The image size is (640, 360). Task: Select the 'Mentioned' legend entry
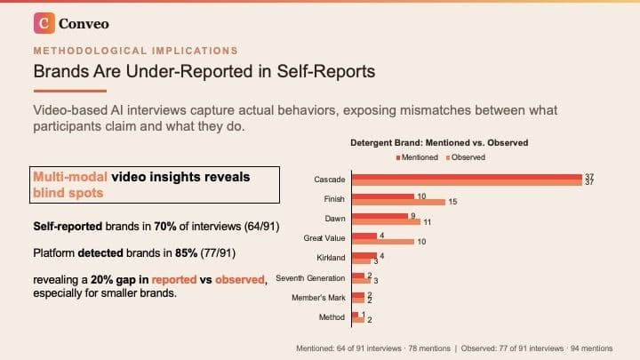(417, 157)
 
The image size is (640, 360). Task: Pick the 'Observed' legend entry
(468, 157)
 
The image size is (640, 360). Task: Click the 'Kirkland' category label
(331, 258)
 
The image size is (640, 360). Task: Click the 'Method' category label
(332, 316)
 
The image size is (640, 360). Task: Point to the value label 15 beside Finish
(452, 202)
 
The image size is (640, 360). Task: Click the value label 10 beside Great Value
(421, 241)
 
